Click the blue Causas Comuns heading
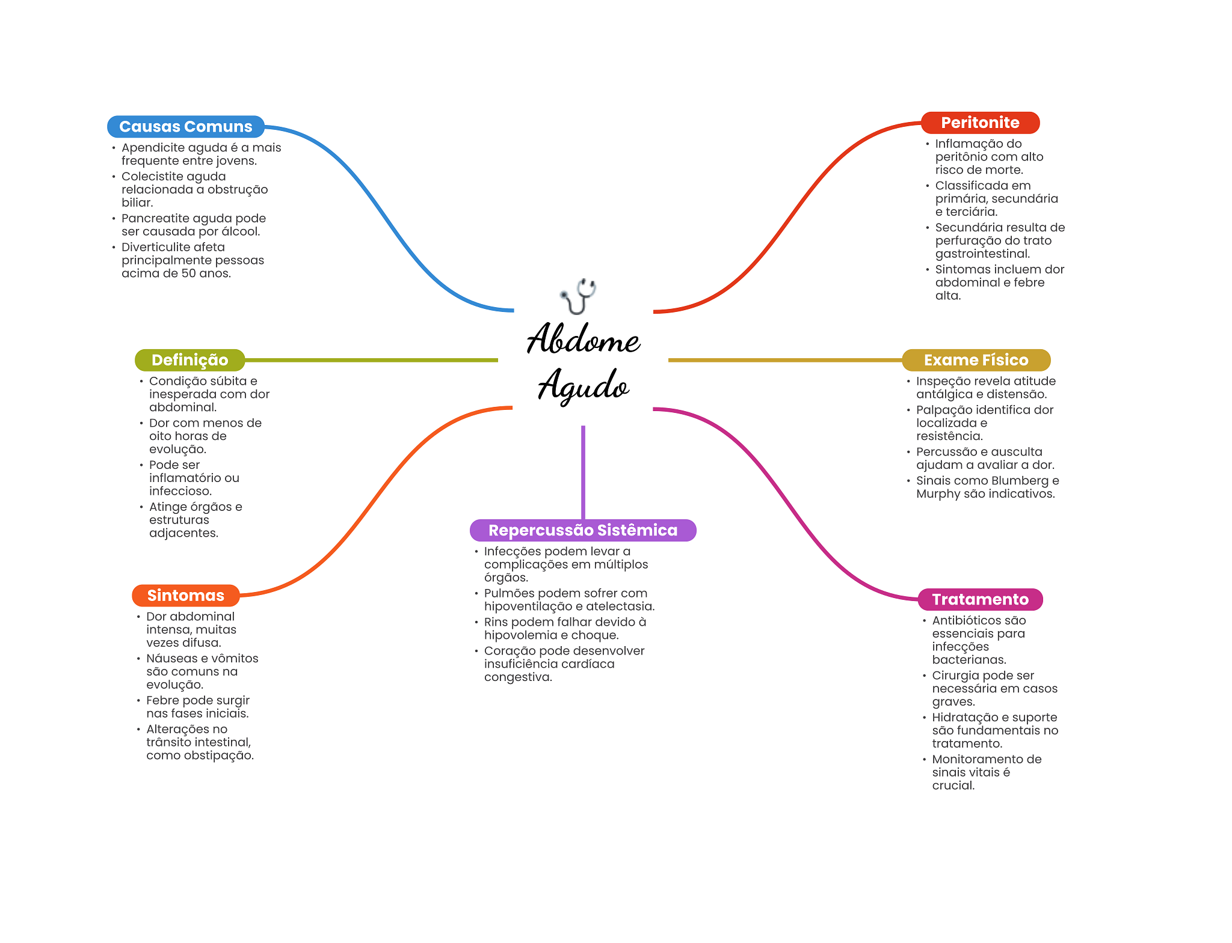(x=185, y=127)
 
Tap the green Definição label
(x=189, y=360)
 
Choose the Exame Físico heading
(x=976, y=360)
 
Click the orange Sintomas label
(x=185, y=596)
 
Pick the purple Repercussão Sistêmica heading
(x=582, y=530)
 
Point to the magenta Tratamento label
(x=980, y=599)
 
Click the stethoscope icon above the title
(x=578, y=295)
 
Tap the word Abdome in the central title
(x=583, y=339)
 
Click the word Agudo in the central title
(x=583, y=385)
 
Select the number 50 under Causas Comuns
(x=188, y=273)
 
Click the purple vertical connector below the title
(x=583, y=472)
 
